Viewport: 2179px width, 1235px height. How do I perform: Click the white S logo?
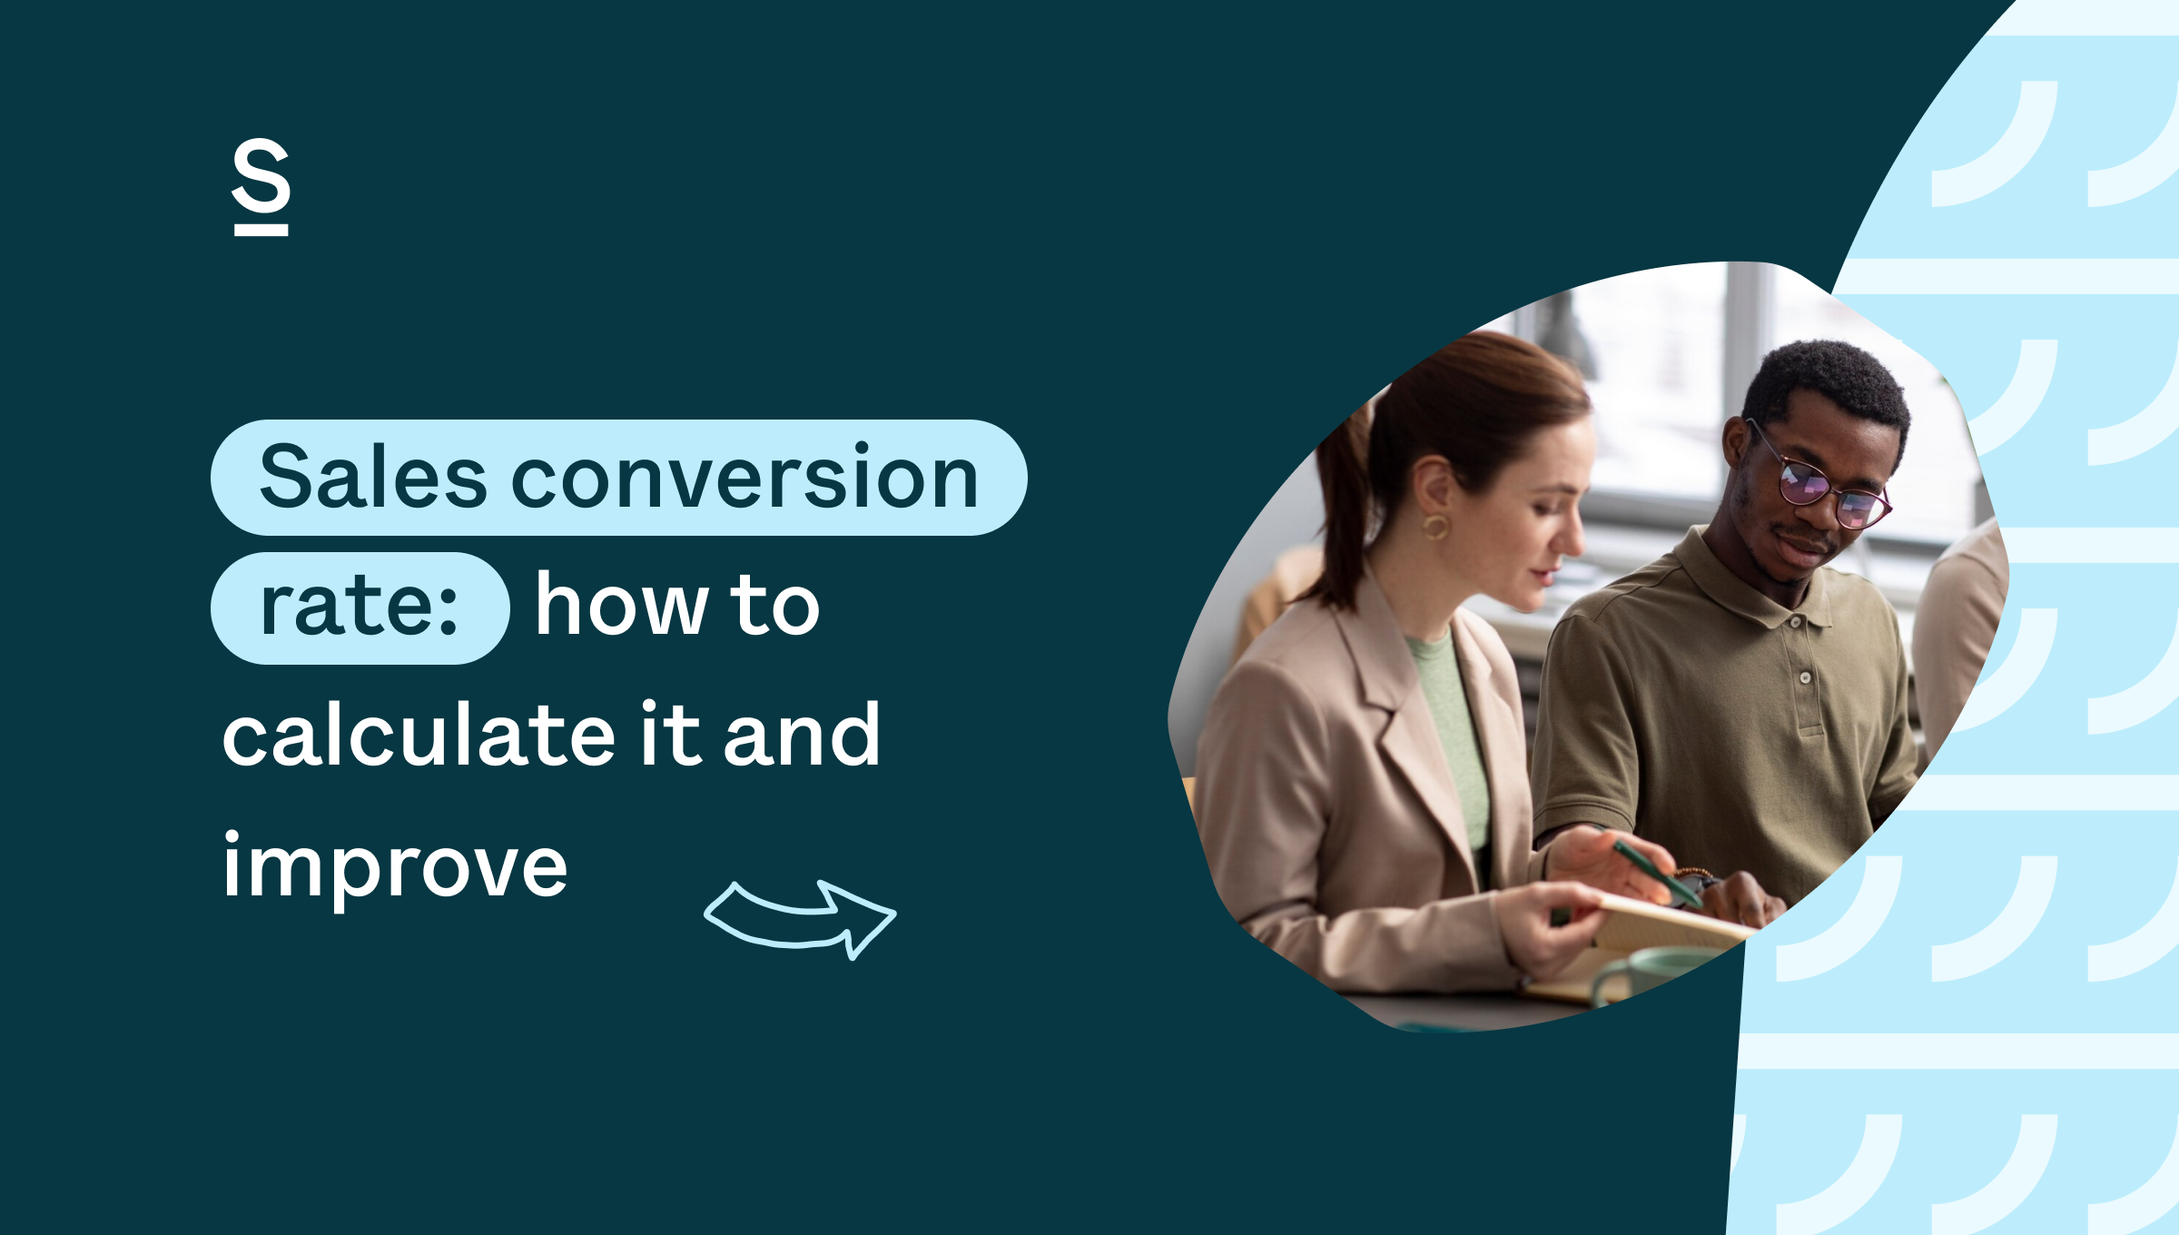point(261,186)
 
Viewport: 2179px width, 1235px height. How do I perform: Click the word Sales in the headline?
point(372,479)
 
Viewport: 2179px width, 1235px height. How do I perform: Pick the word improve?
point(395,867)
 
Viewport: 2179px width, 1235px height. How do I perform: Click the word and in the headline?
point(801,736)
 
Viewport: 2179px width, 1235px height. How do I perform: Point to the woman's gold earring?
point(1435,526)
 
